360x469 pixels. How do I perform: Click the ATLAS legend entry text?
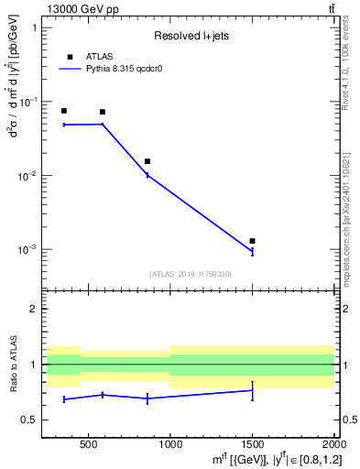pyautogui.click(x=100, y=57)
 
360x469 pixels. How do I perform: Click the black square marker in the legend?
pyautogui.click(x=70, y=57)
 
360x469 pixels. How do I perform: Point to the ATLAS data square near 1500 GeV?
pyautogui.click(x=252, y=241)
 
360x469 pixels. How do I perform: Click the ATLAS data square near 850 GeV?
pyautogui.click(x=147, y=161)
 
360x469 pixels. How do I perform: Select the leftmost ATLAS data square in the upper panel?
pyautogui.click(x=63, y=111)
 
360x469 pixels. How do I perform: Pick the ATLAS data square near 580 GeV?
pyautogui.click(x=102, y=112)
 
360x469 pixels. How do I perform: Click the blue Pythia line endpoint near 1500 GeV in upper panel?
pyautogui.click(x=252, y=252)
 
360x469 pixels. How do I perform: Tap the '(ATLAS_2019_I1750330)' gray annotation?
pyautogui.click(x=190, y=274)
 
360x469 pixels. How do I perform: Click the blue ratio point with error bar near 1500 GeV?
pyautogui.click(x=252, y=390)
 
